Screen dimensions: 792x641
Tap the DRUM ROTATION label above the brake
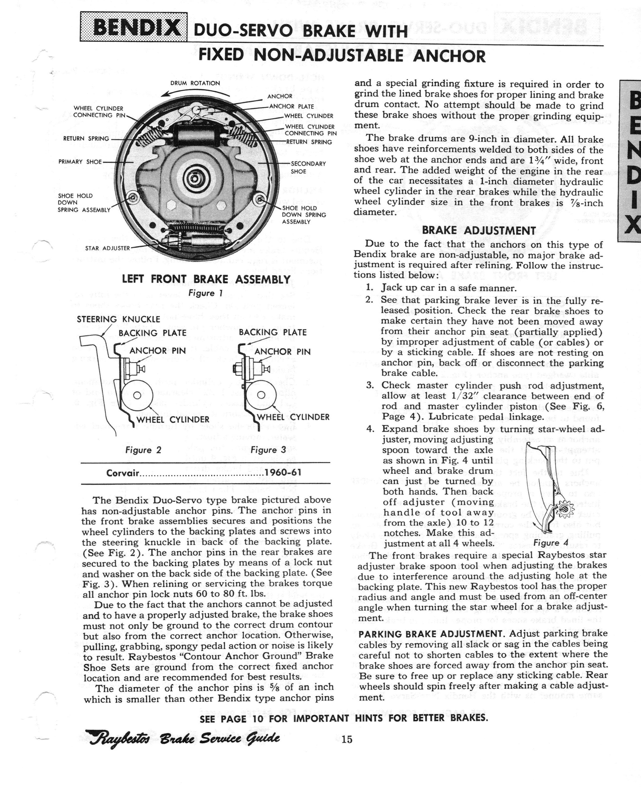point(195,83)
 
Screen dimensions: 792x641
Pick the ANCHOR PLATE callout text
point(291,106)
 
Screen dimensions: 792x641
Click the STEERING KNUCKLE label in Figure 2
point(118,319)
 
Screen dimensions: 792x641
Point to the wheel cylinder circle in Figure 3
point(261,395)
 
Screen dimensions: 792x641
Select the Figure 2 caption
point(143,450)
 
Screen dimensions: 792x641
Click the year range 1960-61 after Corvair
point(283,473)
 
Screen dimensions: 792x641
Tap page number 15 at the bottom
point(347,739)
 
